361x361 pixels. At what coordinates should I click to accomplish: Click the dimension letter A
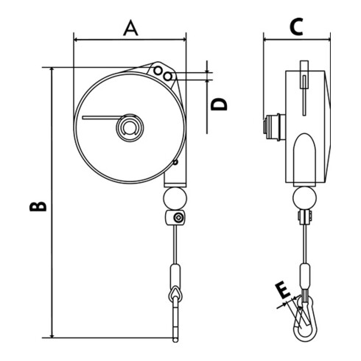(130, 28)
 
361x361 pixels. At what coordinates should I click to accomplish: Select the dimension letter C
(296, 27)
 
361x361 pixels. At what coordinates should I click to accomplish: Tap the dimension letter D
(219, 104)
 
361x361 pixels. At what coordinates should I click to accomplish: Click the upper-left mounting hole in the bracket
(158, 71)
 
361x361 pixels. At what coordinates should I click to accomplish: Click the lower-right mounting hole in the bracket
(168, 77)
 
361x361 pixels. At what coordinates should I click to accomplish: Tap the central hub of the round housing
(130, 127)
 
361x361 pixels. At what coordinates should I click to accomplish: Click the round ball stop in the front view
(175, 198)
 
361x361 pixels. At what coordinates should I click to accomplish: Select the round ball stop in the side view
(304, 198)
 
